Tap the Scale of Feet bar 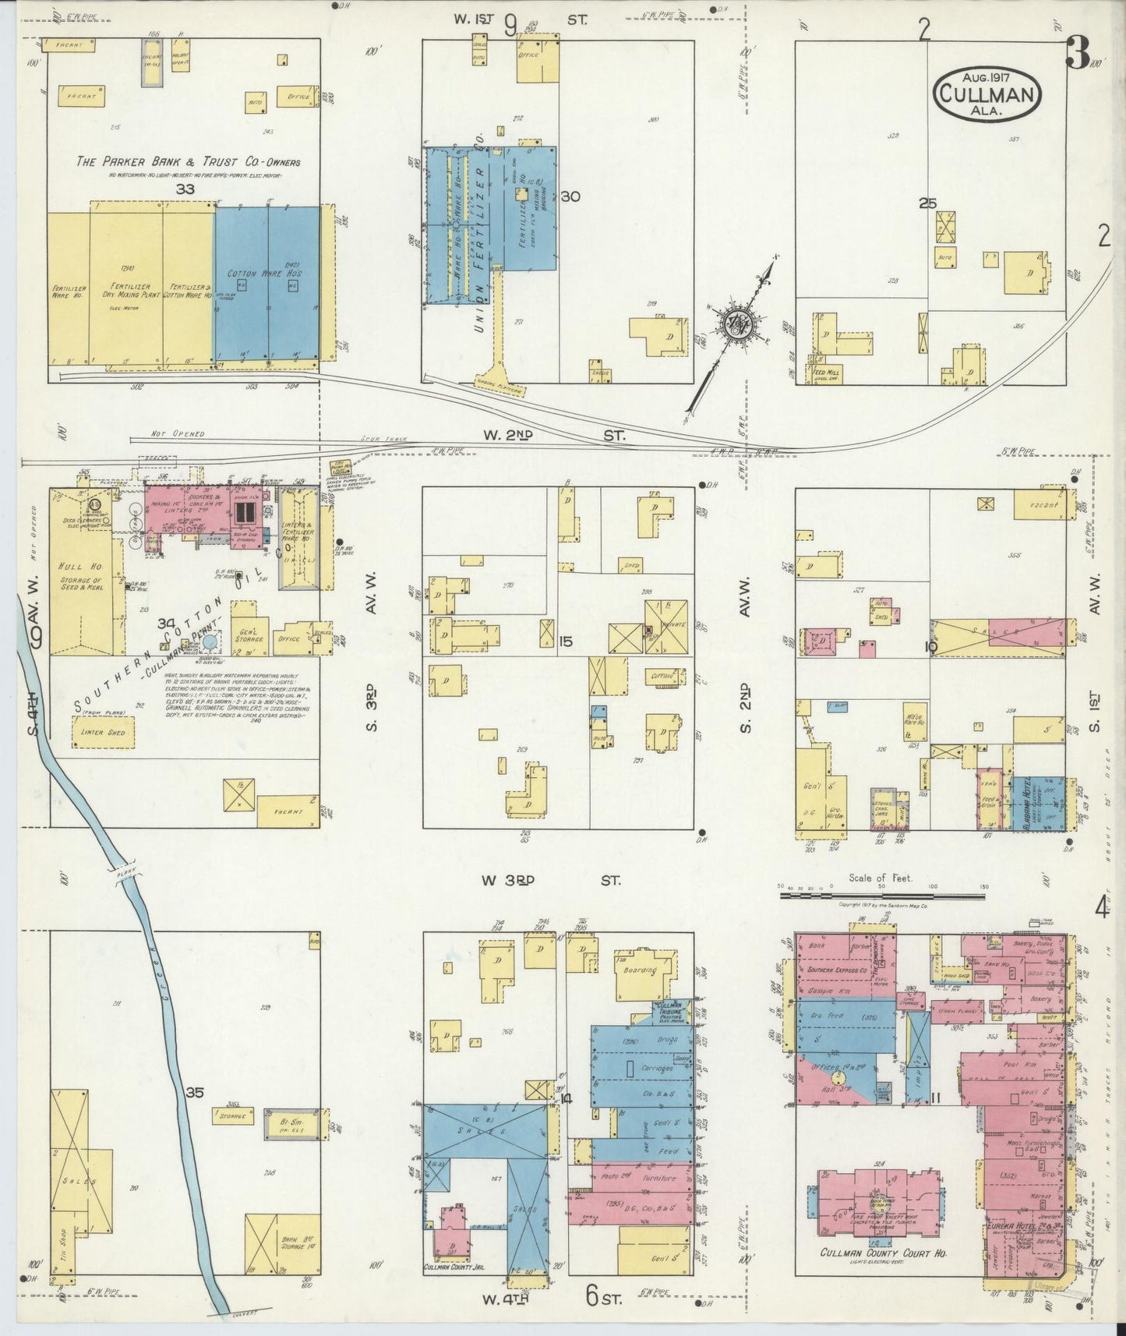[884, 896]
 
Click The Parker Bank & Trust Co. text [188, 162]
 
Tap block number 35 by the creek [195, 1093]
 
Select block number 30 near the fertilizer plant [570, 197]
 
